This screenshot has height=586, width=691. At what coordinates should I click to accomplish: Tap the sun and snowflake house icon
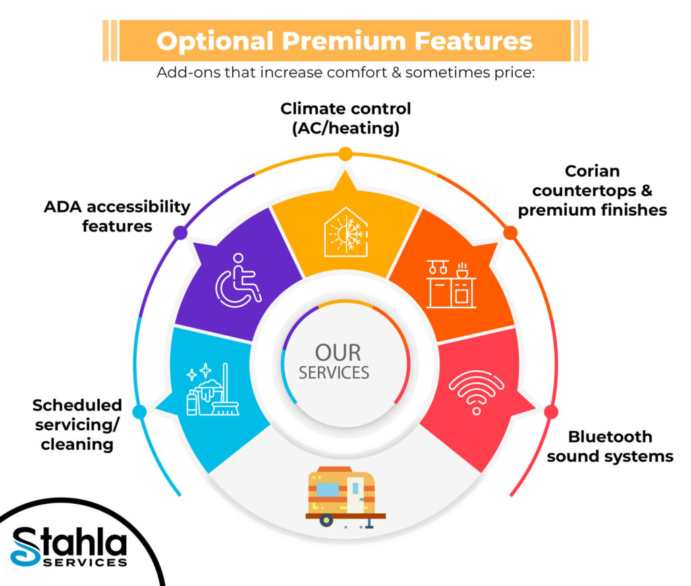pos(345,231)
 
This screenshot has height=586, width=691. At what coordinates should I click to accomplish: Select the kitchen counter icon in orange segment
pos(451,284)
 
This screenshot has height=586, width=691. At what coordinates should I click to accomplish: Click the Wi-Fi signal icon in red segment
pos(476,390)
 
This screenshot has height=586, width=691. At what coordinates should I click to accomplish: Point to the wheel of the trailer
pos(327,520)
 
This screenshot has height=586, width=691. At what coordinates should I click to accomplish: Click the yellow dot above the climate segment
pos(345,154)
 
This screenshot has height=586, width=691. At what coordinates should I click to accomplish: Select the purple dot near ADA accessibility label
pos(180,233)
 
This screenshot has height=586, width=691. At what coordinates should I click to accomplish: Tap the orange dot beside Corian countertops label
pos(511,233)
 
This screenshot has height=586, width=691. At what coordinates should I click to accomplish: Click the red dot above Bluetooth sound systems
pos(551,411)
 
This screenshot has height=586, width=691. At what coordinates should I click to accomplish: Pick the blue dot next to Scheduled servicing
pos(140,411)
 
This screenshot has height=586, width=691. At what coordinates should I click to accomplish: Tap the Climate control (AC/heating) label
pos(345,118)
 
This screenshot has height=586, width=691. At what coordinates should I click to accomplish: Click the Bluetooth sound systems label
pos(610,446)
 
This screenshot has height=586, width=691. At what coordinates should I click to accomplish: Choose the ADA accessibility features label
pos(117,216)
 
